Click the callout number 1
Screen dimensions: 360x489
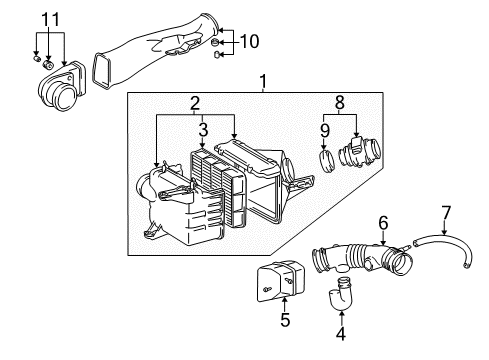click(x=264, y=80)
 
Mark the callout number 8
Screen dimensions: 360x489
click(x=339, y=101)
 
